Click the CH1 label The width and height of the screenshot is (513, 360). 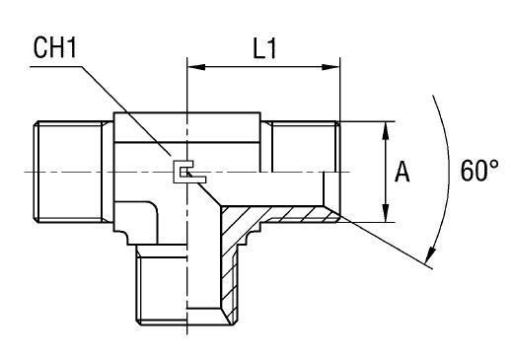pyautogui.click(x=54, y=48)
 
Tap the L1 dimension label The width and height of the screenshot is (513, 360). pyautogui.click(x=264, y=49)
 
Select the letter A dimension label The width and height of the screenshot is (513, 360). pyautogui.click(x=403, y=172)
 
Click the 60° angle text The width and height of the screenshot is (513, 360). pyautogui.click(x=479, y=171)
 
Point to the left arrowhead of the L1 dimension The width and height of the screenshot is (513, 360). pyautogui.click(x=196, y=67)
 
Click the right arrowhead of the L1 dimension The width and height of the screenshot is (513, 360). pyautogui.click(x=330, y=67)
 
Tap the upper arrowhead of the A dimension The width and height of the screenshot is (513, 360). pyautogui.click(x=386, y=131)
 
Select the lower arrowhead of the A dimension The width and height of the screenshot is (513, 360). pyautogui.click(x=386, y=213)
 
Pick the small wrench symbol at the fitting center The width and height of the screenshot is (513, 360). pyautogui.click(x=189, y=172)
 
